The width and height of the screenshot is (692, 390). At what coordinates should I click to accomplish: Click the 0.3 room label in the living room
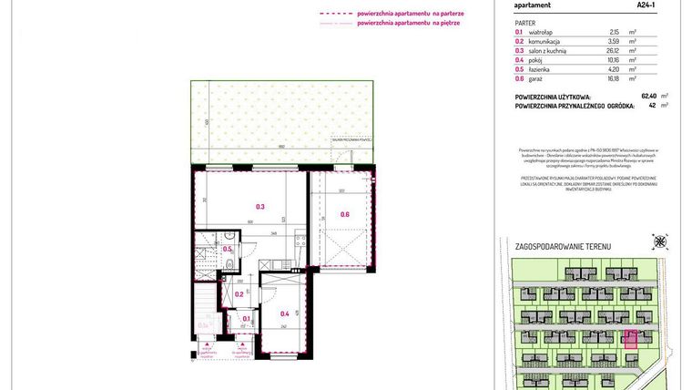(x=259, y=207)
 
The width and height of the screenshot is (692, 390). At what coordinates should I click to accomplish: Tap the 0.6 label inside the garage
(x=344, y=214)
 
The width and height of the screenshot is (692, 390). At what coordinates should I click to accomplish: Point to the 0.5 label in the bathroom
(x=228, y=249)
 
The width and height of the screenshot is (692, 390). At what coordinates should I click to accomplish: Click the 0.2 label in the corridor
(x=239, y=293)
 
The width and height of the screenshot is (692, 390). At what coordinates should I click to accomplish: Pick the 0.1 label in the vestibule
(x=246, y=319)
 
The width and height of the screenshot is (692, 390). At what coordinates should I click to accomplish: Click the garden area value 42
(x=652, y=105)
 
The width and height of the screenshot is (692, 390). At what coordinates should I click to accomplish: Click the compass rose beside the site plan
(x=659, y=241)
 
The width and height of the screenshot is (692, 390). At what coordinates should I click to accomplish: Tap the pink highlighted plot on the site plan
(x=628, y=339)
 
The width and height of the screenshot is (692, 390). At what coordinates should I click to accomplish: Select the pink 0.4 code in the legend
(x=519, y=59)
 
